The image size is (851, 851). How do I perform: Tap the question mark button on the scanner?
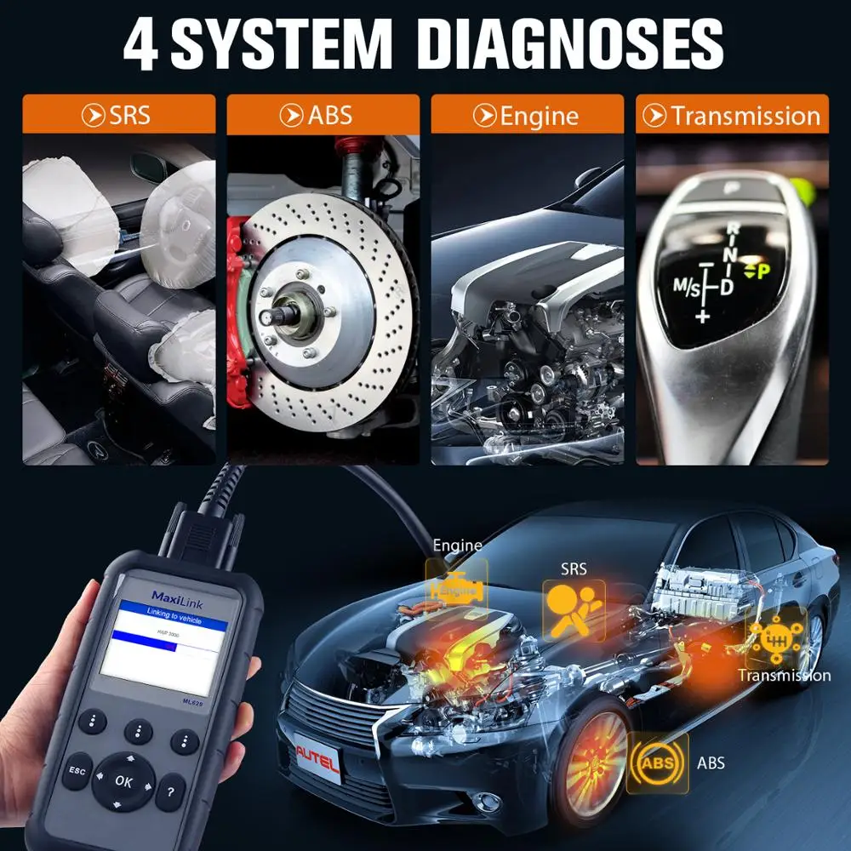coord(170,791)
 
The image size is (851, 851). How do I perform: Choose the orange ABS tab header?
coord(323,115)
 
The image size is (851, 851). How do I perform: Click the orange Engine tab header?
coord(528,115)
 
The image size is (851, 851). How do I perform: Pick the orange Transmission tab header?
coord(732,115)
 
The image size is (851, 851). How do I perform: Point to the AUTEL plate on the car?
coord(317,760)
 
